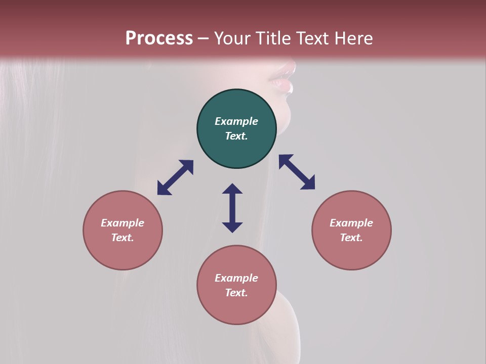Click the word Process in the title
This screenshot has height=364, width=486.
point(159,38)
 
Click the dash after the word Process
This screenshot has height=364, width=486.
point(203,38)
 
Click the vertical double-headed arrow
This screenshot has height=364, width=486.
point(232,208)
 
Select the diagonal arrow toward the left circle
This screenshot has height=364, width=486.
point(175,177)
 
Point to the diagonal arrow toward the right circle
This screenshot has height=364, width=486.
point(297,172)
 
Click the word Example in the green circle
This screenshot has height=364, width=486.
point(236,121)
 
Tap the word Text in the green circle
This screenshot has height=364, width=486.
point(236,136)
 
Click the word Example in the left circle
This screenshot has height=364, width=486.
point(123,223)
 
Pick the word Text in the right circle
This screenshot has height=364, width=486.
point(351,238)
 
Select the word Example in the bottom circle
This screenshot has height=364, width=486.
point(236,278)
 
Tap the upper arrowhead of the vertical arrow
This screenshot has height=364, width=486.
point(232,189)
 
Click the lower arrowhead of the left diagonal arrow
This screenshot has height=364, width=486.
point(164,189)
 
